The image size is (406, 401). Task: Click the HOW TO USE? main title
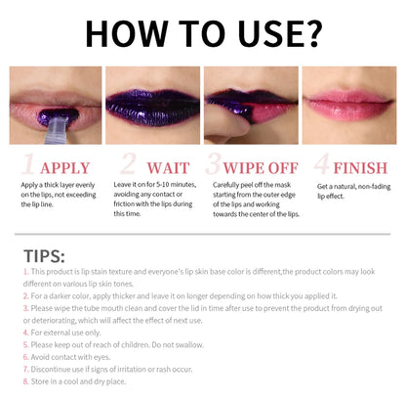click(x=203, y=31)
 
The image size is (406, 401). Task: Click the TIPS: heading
click(x=43, y=255)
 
